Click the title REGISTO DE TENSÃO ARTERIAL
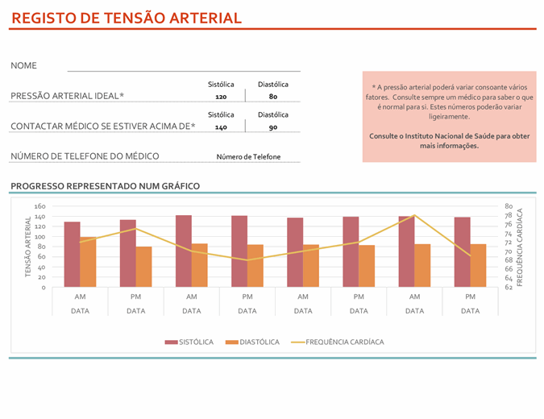[127, 18]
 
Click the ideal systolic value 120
[222, 97]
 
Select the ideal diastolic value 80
[273, 97]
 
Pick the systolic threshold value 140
[222, 127]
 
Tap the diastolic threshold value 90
[273, 127]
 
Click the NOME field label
[24, 66]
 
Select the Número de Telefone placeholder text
[248, 156]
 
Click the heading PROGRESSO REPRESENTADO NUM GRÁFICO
[105, 186]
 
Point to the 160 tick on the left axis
[40, 207]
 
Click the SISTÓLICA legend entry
[190, 342]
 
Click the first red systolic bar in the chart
[72, 254]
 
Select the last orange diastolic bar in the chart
[478, 265]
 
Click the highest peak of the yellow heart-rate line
[414, 215]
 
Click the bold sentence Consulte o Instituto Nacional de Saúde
[450, 141]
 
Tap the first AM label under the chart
[80, 297]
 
